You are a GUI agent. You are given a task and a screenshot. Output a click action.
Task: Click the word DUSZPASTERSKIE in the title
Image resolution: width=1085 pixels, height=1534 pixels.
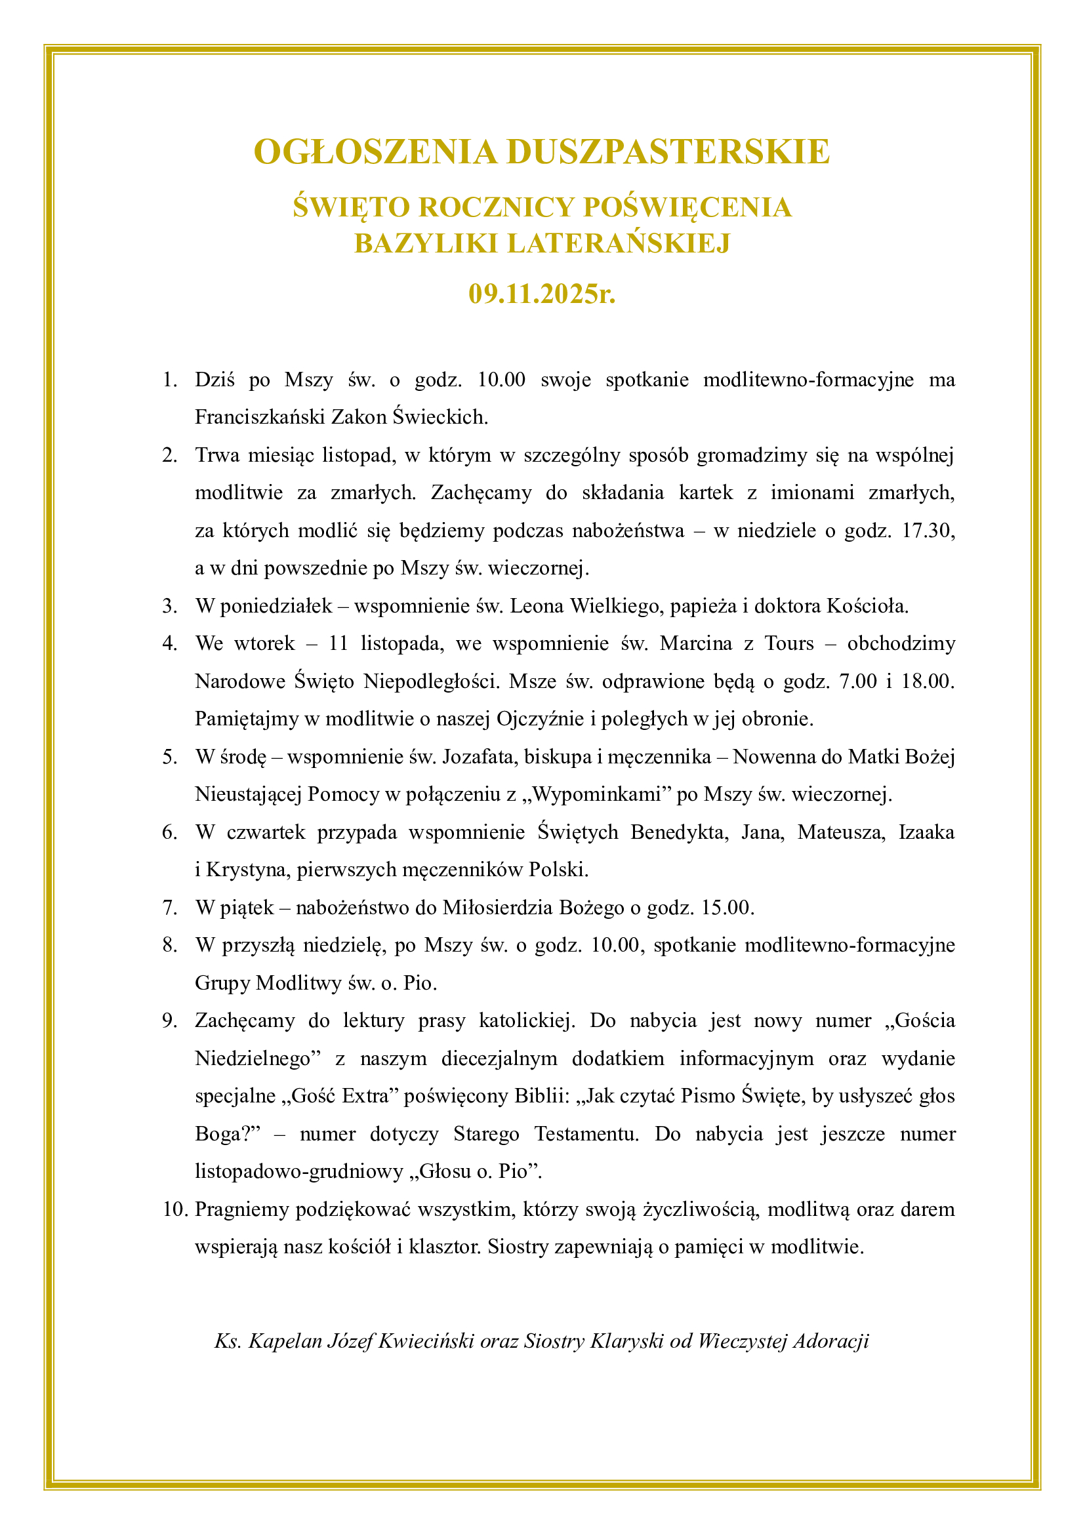[668, 151]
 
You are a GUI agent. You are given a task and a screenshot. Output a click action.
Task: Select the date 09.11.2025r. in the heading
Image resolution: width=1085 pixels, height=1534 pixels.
[542, 294]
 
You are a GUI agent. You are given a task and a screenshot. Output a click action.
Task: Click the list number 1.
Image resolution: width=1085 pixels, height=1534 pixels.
[170, 380]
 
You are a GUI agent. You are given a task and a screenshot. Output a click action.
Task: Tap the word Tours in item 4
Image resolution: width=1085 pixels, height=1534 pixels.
[789, 643]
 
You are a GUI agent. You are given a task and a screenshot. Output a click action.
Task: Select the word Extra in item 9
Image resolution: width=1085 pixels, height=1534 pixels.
[373, 1097]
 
